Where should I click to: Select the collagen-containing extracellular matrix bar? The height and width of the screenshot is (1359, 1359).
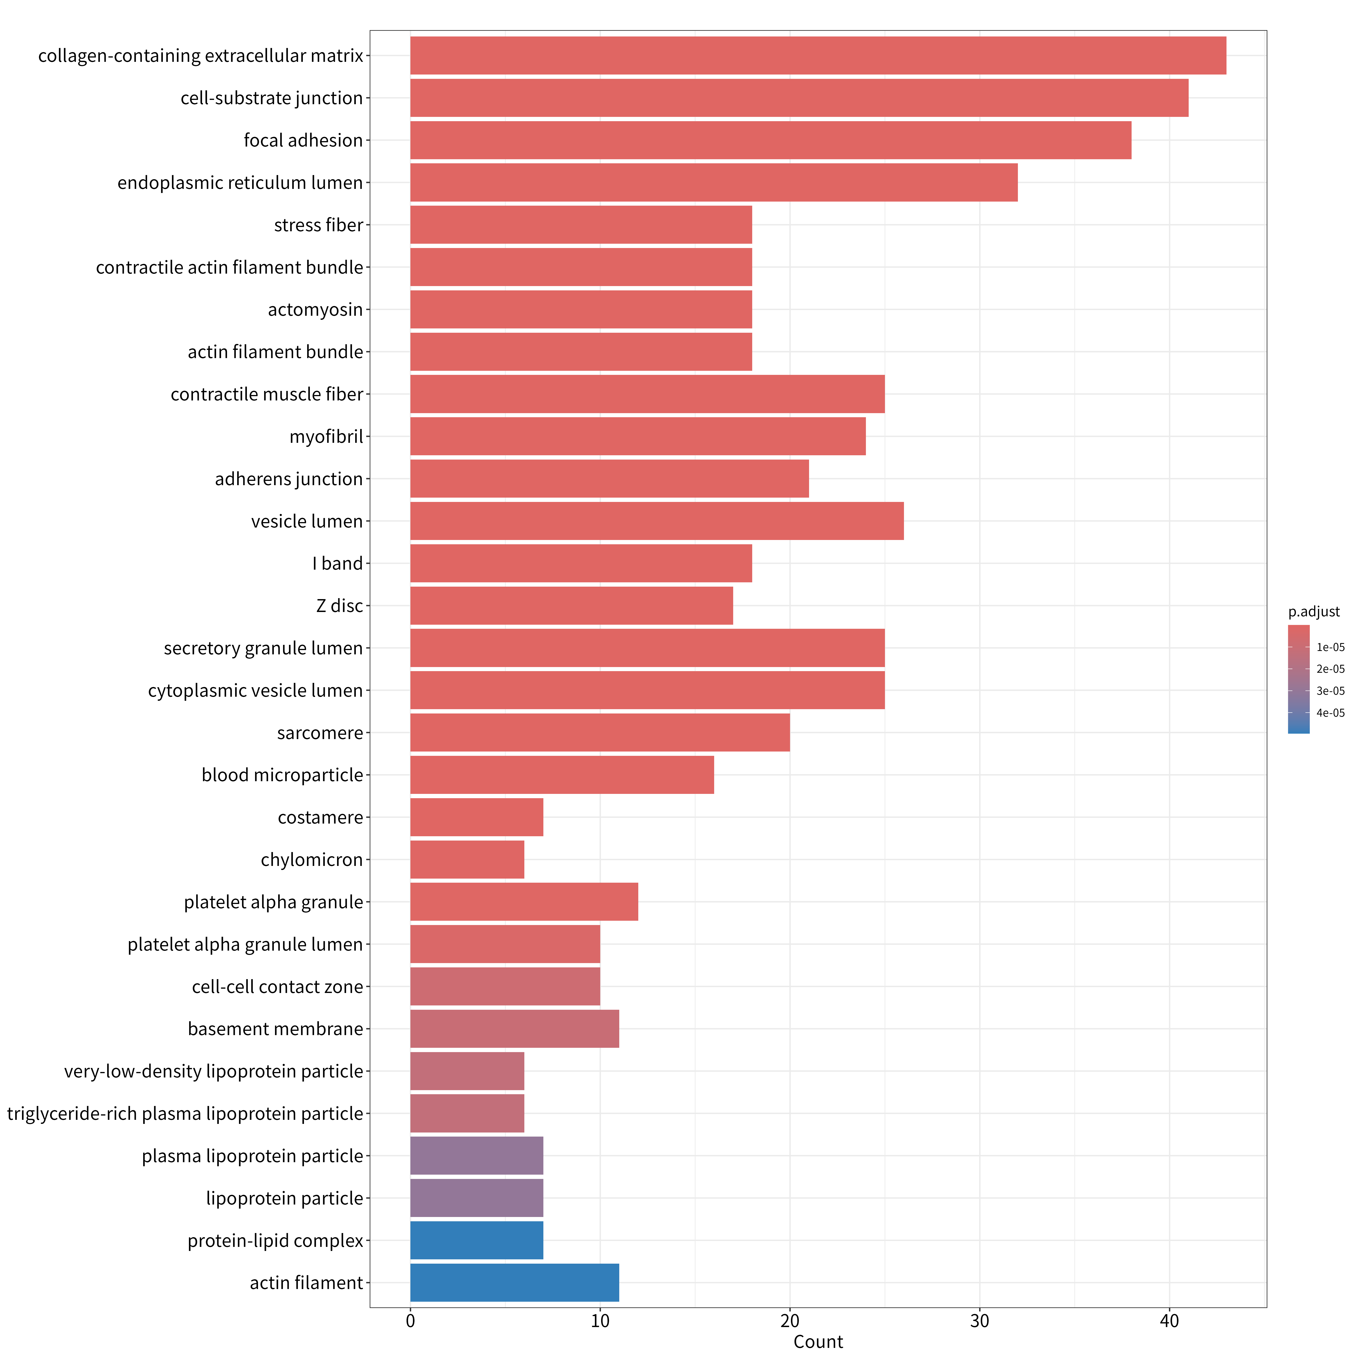[x=818, y=55]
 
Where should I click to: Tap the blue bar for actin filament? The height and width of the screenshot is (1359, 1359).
[x=514, y=1282]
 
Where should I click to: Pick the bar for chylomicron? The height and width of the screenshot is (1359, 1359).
[x=467, y=860]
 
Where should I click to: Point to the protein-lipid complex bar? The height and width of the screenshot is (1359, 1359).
[x=476, y=1240]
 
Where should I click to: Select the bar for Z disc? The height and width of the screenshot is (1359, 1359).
[x=571, y=606]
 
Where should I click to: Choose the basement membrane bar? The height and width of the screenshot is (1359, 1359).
[x=514, y=1028]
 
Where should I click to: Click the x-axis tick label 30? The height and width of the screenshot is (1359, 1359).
[x=980, y=1321]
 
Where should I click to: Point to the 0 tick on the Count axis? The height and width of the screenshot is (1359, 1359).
[x=410, y=1321]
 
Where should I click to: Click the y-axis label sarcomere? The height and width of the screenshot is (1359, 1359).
[x=320, y=733]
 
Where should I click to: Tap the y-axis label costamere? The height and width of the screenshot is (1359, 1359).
[x=321, y=817]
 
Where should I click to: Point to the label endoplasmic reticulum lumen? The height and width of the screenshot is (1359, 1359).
[x=240, y=183]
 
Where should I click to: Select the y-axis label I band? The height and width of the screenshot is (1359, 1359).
[x=338, y=564]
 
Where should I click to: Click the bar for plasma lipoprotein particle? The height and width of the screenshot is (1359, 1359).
[x=476, y=1156]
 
